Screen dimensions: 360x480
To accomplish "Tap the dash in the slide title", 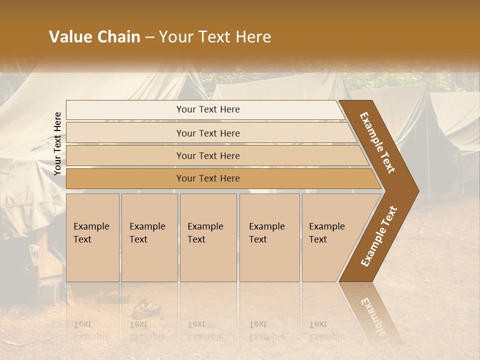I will [x=149, y=37].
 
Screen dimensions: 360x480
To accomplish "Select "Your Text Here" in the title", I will [x=215, y=37].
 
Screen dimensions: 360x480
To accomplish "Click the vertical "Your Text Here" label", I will [x=58, y=143].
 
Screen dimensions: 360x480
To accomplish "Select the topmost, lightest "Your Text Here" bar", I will [x=207, y=109].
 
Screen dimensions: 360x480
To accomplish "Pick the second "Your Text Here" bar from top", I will [x=207, y=133].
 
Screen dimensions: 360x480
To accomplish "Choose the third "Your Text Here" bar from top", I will [x=207, y=155].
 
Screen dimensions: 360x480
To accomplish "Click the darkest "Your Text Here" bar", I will [x=207, y=178].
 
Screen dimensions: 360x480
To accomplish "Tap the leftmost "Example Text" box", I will [x=92, y=237].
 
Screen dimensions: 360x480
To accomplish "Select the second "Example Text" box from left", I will [x=149, y=237].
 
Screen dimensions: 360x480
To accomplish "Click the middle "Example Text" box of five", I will [x=208, y=237].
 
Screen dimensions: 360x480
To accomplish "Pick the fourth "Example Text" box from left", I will [x=269, y=237].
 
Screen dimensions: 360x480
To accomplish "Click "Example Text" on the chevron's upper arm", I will [x=377, y=142].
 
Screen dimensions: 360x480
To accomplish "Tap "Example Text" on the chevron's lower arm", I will [x=378, y=236].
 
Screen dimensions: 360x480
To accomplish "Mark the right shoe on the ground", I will [x=141, y=308].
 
